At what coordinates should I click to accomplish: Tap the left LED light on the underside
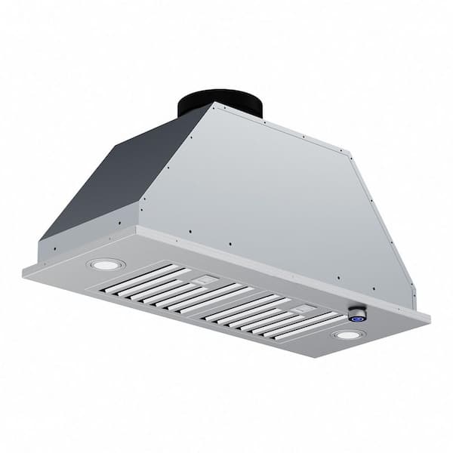click(x=106, y=264)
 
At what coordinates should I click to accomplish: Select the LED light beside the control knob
click(x=347, y=334)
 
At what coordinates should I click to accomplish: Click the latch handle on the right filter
click(x=304, y=307)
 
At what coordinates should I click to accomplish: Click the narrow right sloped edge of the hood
click(x=385, y=226)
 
